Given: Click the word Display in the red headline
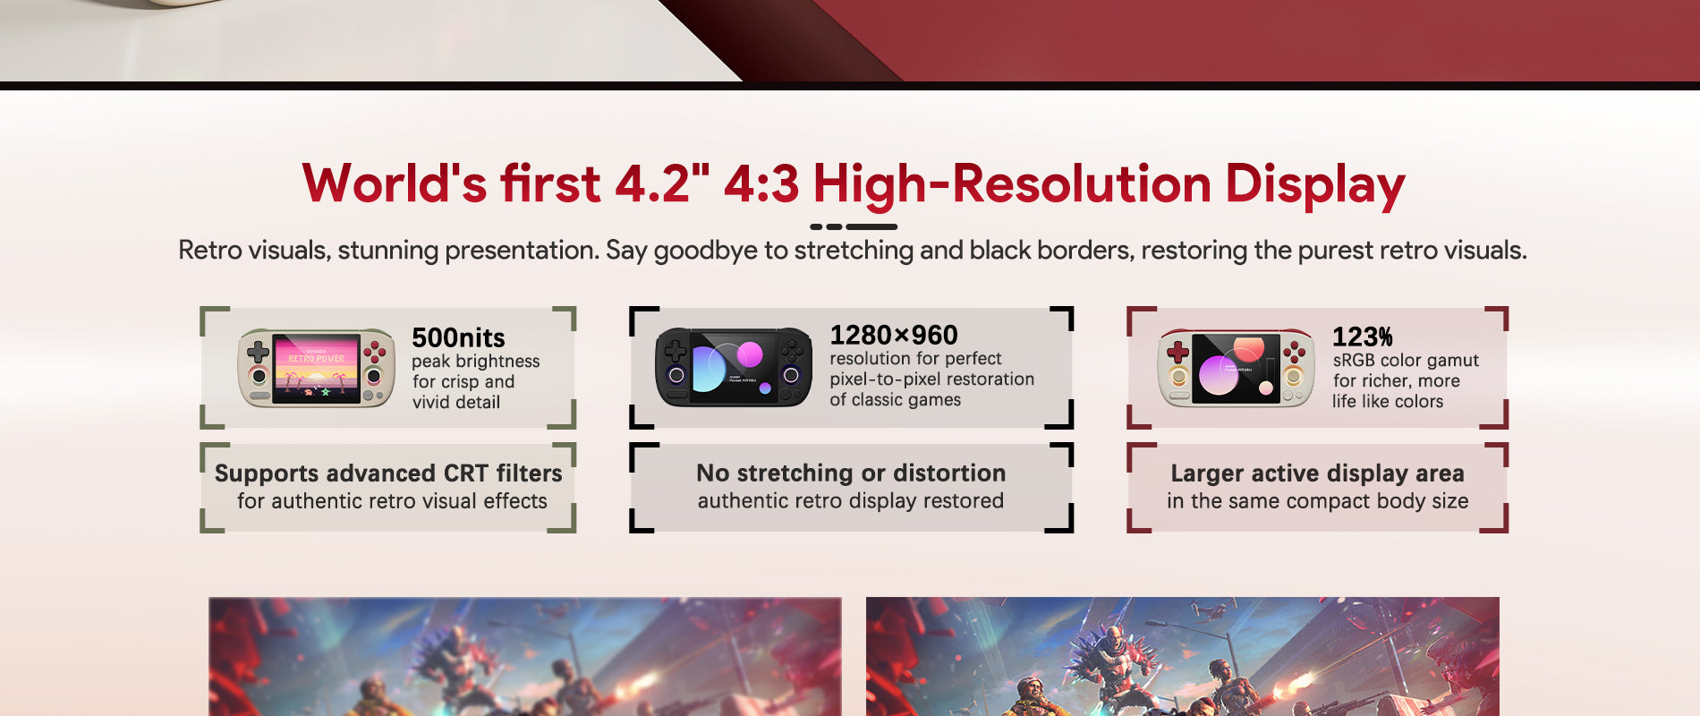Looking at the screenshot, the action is point(1314,184).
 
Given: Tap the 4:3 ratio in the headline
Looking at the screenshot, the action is point(761,183).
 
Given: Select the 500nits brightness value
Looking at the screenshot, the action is point(458,337).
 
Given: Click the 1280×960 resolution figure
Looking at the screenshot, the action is point(893,335).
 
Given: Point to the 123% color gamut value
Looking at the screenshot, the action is point(1362,337).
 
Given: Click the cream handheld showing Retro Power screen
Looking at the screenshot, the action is point(316,368).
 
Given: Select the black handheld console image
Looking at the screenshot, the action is point(734,367).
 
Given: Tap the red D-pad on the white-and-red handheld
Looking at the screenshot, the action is point(1178,352).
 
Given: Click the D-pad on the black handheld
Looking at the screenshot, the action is point(676,351).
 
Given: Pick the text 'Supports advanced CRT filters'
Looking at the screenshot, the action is point(388,473).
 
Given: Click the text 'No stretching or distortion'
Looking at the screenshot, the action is point(851,473).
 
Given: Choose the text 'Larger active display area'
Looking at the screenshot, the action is point(1317,473).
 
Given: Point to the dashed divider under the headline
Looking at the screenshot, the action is point(854,227).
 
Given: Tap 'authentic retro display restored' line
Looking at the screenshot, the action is point(851,501).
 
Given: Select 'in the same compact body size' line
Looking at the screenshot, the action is point(1317,501).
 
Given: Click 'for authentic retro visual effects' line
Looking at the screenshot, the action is point(392,501).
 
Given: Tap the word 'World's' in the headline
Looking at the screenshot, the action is point(395,183).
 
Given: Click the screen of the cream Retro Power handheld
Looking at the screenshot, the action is point(316,368).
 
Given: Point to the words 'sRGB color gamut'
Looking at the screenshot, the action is point(1406,360).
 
